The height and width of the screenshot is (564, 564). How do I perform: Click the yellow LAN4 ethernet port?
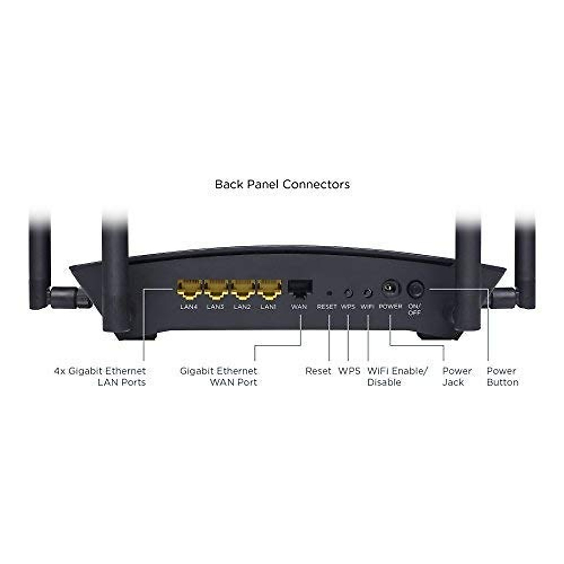pyautogui.click(x=189, y=290)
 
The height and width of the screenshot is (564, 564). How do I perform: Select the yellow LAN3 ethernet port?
pyautogui.click(x=216, y=290)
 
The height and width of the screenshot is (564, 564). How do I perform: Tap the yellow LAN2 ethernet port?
pyautogui.click(x=243, y=290)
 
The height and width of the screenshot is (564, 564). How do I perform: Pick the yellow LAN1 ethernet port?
pyautogui.click(x=269, y=290)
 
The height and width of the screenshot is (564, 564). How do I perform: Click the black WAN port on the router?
pyautogui.click(x=300, y=288)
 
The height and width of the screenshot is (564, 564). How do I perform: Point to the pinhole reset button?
pyautogui.click(x=329, y=293)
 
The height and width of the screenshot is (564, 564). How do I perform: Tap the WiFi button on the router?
pyautogui.click(x=368, y=293)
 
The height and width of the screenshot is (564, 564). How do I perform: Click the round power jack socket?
pyautogui.click(x=390, y=288)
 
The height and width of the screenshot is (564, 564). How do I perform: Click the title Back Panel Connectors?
pyautogui.click(x=282, y=184)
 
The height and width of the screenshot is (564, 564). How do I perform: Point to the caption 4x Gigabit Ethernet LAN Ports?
pyautogui.click(x=100, y=376)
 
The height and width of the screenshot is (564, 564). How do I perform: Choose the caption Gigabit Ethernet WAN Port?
pyautogui.click(x=219, y=376)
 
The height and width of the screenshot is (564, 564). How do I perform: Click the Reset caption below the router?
pyautogui.click(x=318, y=371)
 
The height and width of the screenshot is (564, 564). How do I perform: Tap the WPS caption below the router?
pyautogui.click(x=349, y=371)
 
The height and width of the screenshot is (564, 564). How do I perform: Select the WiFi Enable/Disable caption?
pyautogui.click(x=397, y=376)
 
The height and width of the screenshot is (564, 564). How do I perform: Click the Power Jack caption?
pyautogui.click(x=456, y=376)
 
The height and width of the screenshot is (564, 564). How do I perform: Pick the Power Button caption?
pyautogui.click(x=502, y=376)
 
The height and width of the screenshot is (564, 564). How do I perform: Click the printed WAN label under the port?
pyautogui.click(x=299, y=307)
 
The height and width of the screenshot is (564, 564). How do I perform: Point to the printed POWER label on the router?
pyautogui.click(x=390, y=306)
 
